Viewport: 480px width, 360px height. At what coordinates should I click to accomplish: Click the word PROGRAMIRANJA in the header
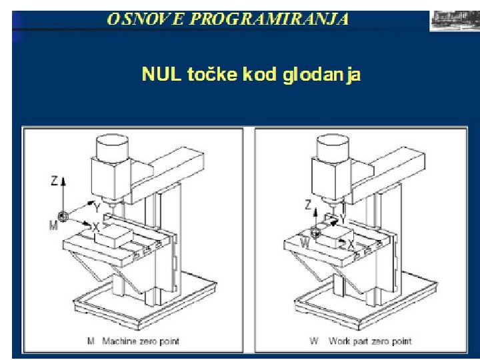pyautogui.click(x=269, y=19)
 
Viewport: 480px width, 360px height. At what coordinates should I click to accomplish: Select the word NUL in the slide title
pyautogui.click(x=161, y=74)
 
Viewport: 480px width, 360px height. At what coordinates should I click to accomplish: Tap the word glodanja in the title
pyautogui.click(x=321, y=75)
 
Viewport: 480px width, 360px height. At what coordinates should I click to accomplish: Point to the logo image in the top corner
pyautogui.click(x=455, y=21)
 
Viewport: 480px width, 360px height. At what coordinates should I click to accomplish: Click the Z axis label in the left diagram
pyautogui.click(x=54, y=181)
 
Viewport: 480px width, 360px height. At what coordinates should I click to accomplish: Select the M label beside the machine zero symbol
pyautogui.click(x=53, y=225)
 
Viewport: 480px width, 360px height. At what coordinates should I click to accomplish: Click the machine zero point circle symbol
pyautogui.click(x=63, y=217)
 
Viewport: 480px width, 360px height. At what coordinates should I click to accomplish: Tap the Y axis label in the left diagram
pyautogui.click(x=97, y=208)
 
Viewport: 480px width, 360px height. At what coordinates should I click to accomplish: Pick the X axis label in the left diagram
pyautogui.click(x=96, y=227)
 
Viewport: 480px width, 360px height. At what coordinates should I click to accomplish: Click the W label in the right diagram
pyautogui.click(x=305, y=243)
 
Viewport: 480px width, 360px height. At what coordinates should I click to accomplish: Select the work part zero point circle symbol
pyautogui.click(x=315, y=232)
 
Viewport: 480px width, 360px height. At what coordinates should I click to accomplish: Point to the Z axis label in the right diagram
pyautogui.click(x=308, y=205)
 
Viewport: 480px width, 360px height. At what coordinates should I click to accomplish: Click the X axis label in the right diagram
pyautogui.click(x=351, y=244)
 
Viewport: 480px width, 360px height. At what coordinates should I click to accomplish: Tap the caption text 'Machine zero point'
pyautogui.click(x=141, y=341)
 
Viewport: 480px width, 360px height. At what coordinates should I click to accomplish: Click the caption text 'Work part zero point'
pyautogui.click(x=371, y=341)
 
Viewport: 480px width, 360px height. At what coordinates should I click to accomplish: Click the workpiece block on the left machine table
pyautogui.click(x=114, y=236)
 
